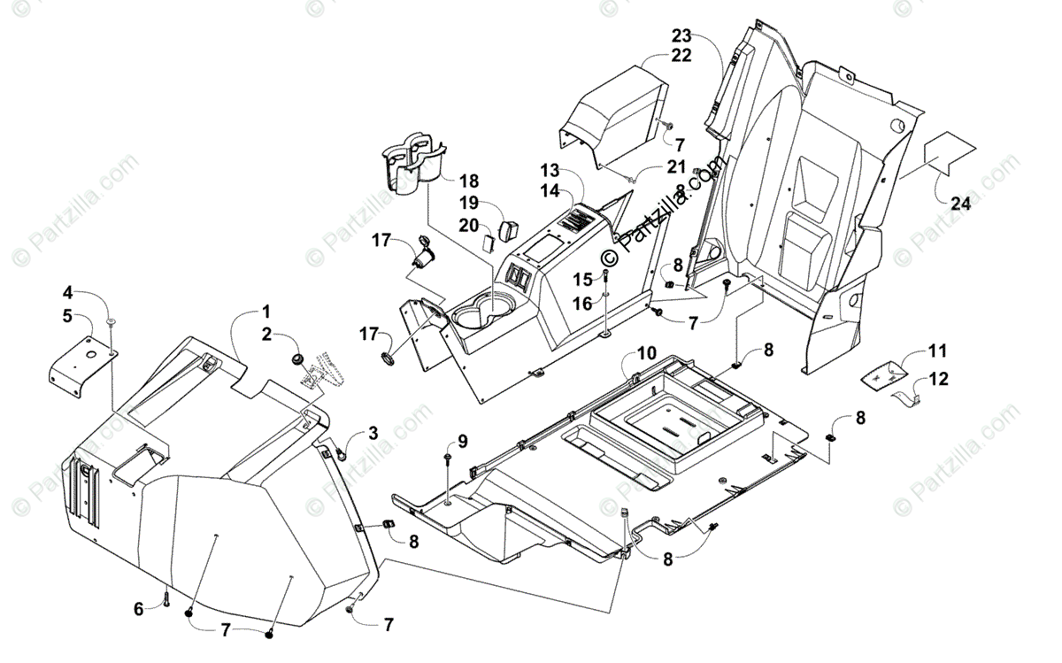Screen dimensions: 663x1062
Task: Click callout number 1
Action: coord(265,312)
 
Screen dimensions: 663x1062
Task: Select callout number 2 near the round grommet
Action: coord(266,334)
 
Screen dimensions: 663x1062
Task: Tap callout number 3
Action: coord(373,432)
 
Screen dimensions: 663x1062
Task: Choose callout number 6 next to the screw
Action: coord(138,608)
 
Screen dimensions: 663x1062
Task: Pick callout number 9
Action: coord(463,440)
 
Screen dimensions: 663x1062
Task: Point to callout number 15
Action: coord(582,280)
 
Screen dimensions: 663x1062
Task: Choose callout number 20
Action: coord(469,225)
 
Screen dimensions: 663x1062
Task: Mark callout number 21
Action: coord(676,166)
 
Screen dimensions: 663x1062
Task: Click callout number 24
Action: coord(960,204)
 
